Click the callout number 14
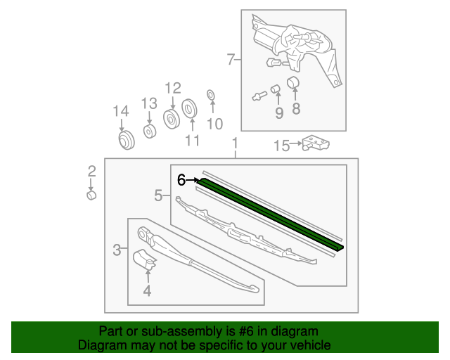121,111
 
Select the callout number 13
148,103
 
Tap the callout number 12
172,88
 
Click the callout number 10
214,124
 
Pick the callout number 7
230,60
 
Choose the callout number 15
281,146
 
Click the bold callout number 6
181,180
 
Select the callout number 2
91,170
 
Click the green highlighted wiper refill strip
271,214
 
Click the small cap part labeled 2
91,193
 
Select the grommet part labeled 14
127,141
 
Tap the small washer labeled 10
210,94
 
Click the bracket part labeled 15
315,143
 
